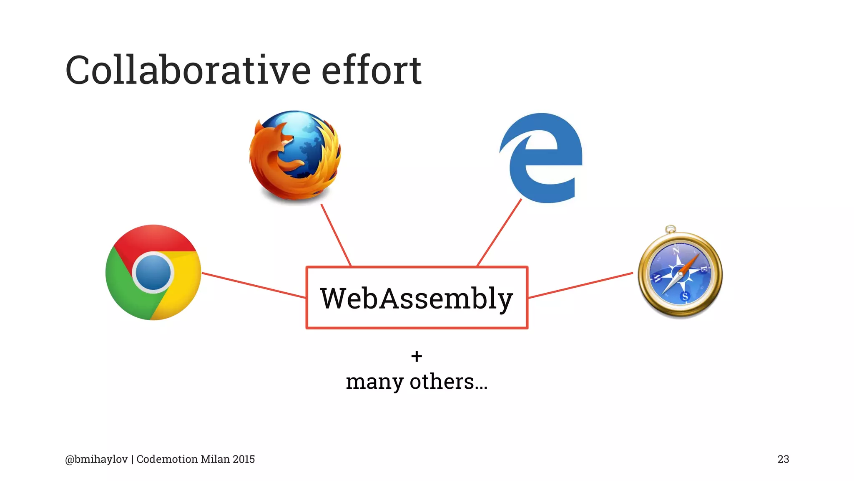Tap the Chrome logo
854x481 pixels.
click(153, 272)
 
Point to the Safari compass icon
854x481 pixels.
click(680, 273)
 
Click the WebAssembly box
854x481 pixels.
click(417, 298)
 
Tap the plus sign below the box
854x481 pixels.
click(417, 356)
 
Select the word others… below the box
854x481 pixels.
click(448, 382)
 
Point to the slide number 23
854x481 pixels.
click(783, 459)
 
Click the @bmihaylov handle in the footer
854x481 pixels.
click(96, 459)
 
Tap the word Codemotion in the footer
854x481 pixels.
click(167, 459)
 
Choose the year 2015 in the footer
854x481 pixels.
click(244, 459)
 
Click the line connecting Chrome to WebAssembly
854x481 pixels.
click(254, 285)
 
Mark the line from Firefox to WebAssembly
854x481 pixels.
click(336, 235)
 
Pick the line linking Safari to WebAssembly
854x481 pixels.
click(580, 285)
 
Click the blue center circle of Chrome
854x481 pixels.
click(153, 272)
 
